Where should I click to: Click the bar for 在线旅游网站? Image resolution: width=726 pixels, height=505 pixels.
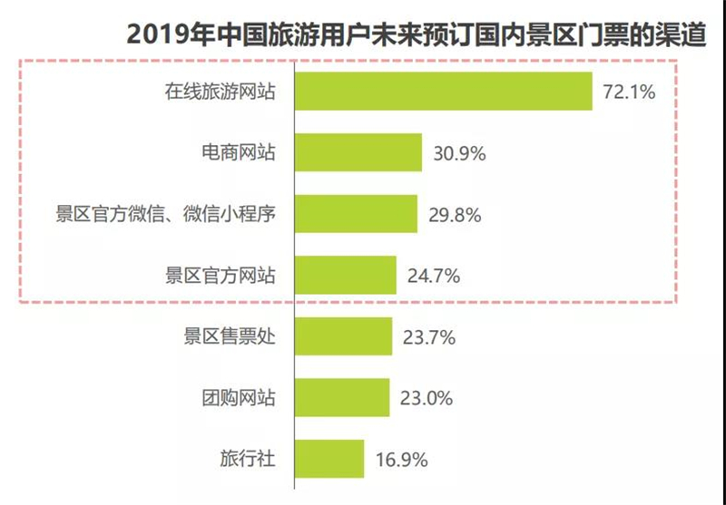point(444,91)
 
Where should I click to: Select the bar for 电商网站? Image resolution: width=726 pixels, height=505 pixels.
point(358,152)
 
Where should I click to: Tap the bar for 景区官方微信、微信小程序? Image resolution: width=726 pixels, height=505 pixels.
point(356,214)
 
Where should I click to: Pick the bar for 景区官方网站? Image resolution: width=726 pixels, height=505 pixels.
point(346,275)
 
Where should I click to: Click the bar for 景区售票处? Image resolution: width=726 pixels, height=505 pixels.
point(344,336)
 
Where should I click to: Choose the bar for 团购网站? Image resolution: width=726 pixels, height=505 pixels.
point(342,397)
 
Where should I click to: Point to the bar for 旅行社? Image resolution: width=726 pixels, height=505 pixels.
point(329,458)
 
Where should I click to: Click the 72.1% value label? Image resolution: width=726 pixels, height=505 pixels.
point(629,92)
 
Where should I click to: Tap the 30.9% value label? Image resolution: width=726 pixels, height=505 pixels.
point(459,153)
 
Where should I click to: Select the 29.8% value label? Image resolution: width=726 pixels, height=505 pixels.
point(455,215)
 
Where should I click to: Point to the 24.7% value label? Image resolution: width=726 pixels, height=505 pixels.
point(434,277)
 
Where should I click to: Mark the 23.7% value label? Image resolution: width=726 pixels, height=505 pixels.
point(429,337)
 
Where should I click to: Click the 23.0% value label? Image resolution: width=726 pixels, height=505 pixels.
point(427,399)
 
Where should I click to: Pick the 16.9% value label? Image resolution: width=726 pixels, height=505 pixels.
point(401,461)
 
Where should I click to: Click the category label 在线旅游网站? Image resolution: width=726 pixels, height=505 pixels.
point(221,91)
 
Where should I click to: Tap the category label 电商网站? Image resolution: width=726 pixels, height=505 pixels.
point(239,152)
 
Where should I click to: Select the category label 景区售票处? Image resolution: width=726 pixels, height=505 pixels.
point(230,336)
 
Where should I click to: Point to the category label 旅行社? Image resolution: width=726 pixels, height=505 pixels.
point(248,458)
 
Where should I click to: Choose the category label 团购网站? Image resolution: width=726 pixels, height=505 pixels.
point(239,397)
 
